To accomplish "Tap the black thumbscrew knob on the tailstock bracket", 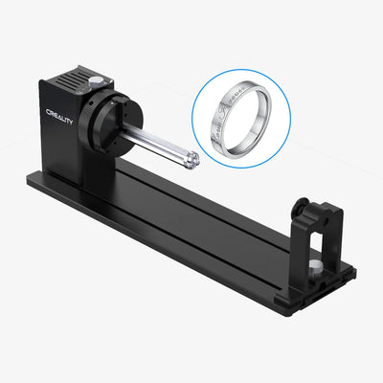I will coord(301,205).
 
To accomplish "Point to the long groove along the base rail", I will coord(191,225).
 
